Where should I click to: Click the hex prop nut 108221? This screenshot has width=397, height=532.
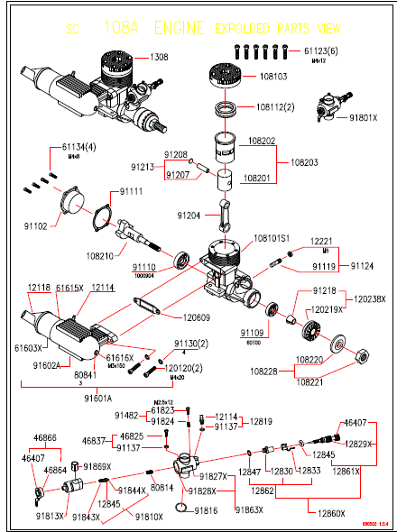click(360, 352)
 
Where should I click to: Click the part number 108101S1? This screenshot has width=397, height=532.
click(272, 239)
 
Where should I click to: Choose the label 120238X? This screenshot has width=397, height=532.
click(369, 298)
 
